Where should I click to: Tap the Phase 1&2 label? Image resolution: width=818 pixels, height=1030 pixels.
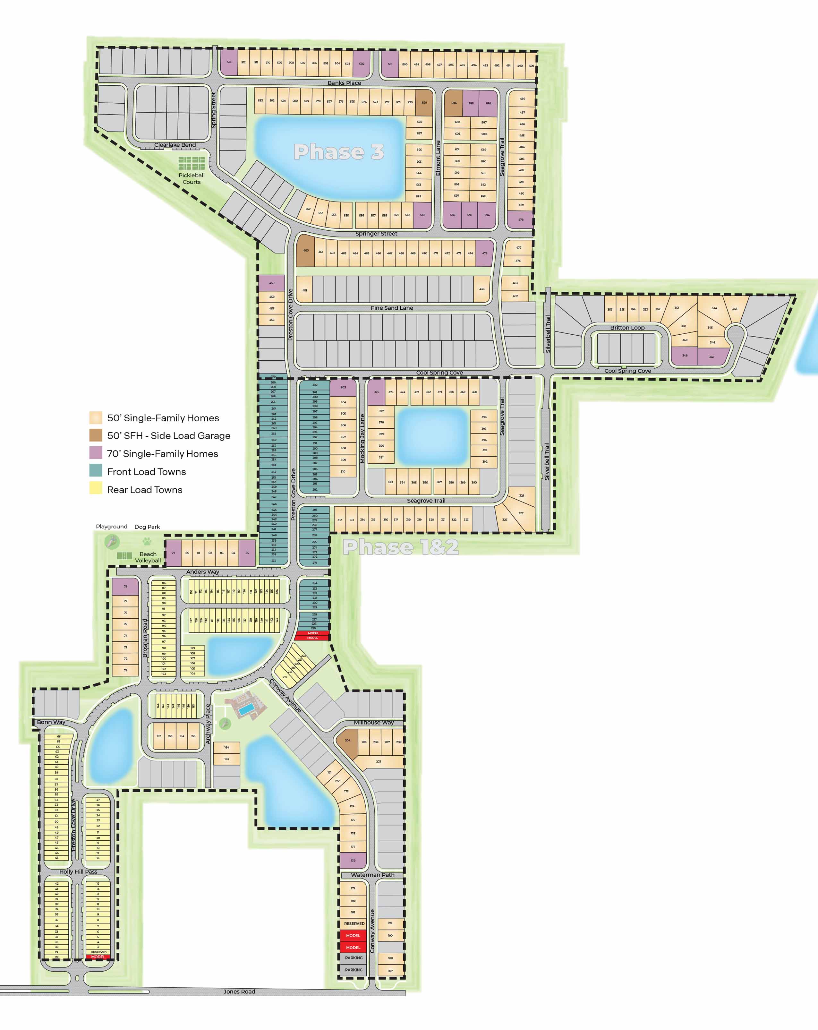(400, 547)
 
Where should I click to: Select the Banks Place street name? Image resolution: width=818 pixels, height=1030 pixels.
(344, 83)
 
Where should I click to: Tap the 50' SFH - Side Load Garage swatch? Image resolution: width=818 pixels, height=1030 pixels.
(96, 435)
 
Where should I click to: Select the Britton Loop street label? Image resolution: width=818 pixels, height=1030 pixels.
(627, 328)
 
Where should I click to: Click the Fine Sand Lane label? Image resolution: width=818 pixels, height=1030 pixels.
(392, 308)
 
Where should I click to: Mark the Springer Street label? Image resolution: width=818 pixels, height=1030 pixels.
(376, 234)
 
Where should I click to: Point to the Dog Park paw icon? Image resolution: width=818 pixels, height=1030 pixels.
(147, 542)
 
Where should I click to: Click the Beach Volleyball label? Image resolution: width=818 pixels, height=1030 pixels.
(148, 557)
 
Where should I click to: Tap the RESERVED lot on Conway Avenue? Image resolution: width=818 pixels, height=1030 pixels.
(354, 923)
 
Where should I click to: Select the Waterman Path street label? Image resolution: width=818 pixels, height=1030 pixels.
(372, 875)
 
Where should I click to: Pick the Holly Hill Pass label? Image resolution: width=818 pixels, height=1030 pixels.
(78, 871)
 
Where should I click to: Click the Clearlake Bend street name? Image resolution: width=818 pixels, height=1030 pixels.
(175, 145)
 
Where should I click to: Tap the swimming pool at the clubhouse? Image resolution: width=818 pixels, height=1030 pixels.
(245, 711)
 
